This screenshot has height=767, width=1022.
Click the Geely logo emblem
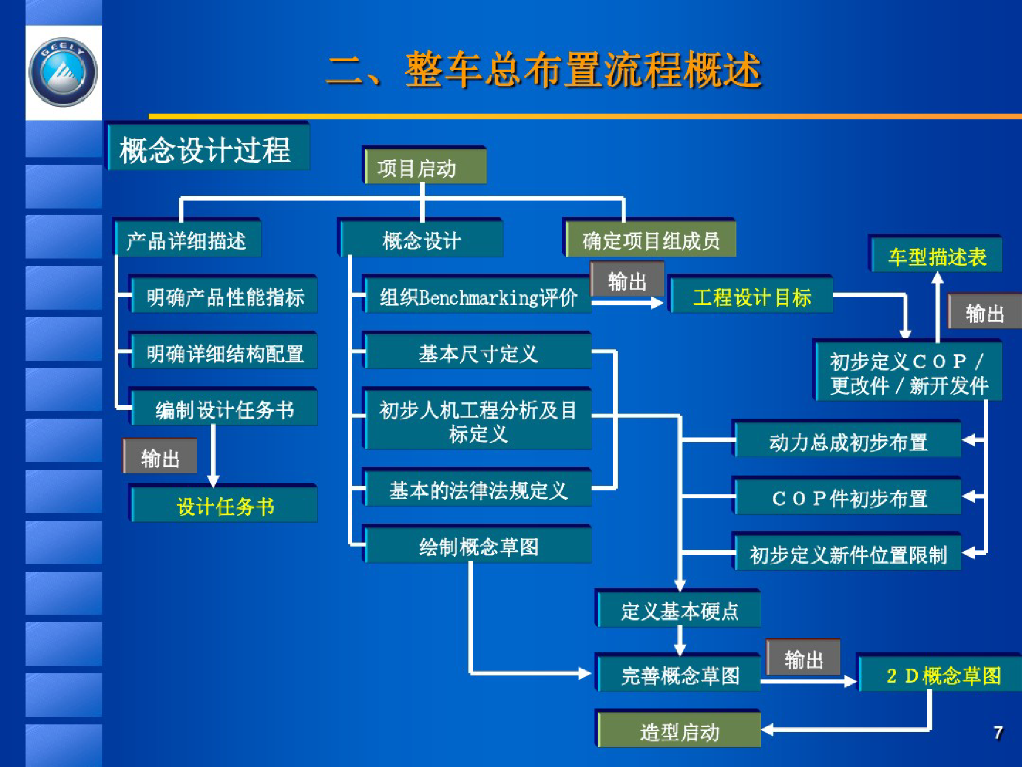coord(63,72)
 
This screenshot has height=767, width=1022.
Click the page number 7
coord(998,733)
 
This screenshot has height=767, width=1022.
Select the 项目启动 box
coord(424,166)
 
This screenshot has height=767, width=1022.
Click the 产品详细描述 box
coord(187,239)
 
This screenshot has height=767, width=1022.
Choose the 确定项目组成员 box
coord(650,239)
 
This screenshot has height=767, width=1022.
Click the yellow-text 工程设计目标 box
coord(751,295)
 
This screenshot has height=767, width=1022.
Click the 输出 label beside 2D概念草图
coord(803,658)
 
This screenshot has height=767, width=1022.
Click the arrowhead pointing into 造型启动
coord(768,729)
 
